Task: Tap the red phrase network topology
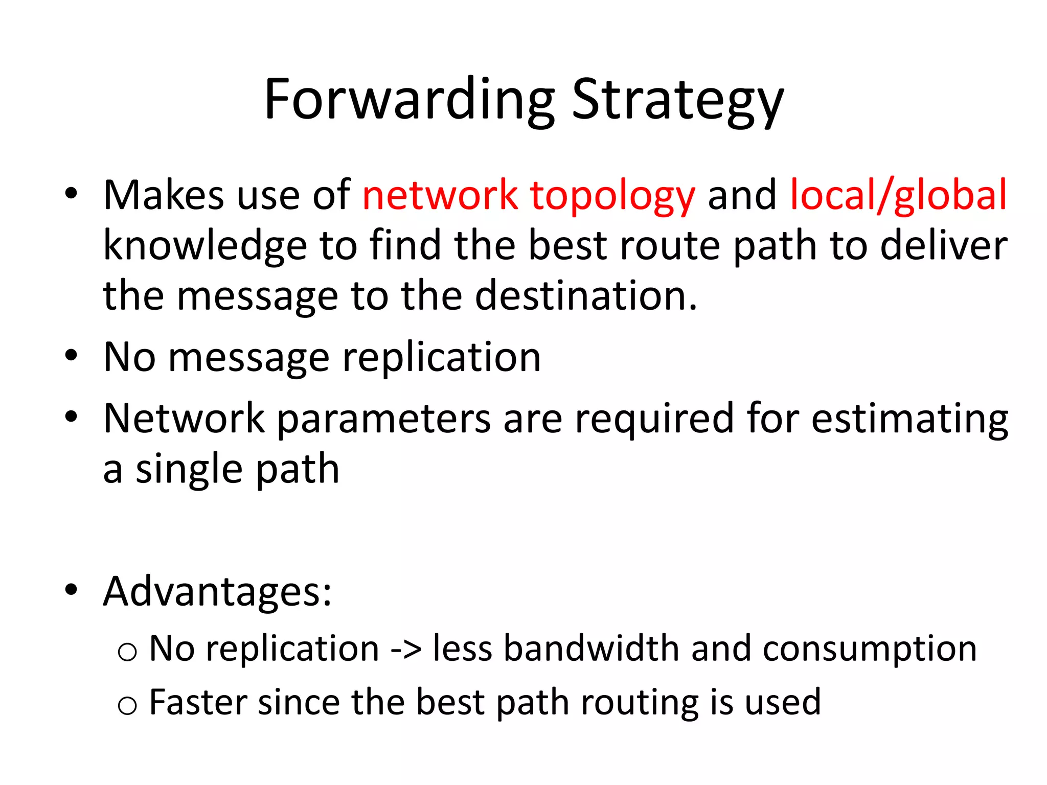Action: [529, 196]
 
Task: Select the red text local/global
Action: [898, 196]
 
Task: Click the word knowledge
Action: [204, 246]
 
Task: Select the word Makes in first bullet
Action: [164, 196]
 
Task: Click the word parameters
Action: [383, 419]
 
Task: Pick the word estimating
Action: [910, 419]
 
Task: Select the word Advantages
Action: [217, 592]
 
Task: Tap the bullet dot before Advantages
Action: [71, 590]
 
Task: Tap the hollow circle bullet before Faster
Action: [127, 706]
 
